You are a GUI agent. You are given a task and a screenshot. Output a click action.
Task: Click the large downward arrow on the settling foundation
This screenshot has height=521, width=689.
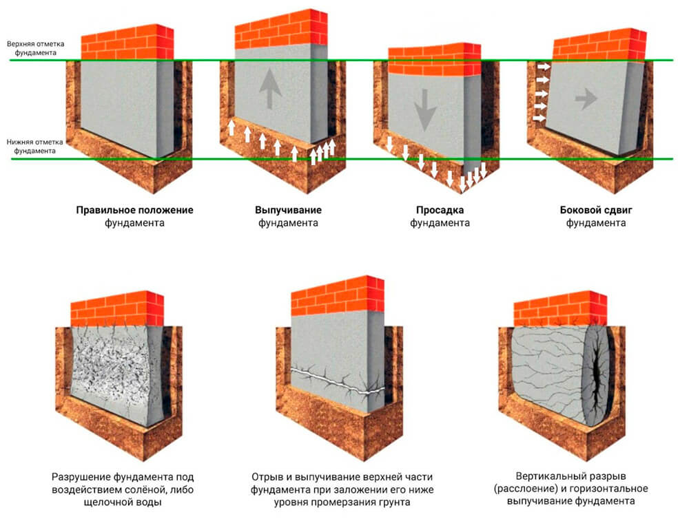(x=425, y=111)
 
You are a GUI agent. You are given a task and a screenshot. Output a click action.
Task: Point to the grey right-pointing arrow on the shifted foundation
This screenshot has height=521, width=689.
(x=586, y=100)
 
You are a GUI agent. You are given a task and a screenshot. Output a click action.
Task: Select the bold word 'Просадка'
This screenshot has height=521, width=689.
(x=440, y=210)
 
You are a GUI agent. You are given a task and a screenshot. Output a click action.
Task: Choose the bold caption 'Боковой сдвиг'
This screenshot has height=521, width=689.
(x=595, y=210)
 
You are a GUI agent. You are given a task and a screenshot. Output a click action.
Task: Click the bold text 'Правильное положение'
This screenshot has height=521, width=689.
(x=134, y=210)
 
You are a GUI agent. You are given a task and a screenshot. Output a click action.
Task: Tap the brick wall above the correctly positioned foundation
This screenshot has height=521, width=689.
(x=125, y=43)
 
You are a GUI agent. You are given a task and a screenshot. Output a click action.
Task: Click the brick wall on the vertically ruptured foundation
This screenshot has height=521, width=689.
(x=559, y=308)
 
